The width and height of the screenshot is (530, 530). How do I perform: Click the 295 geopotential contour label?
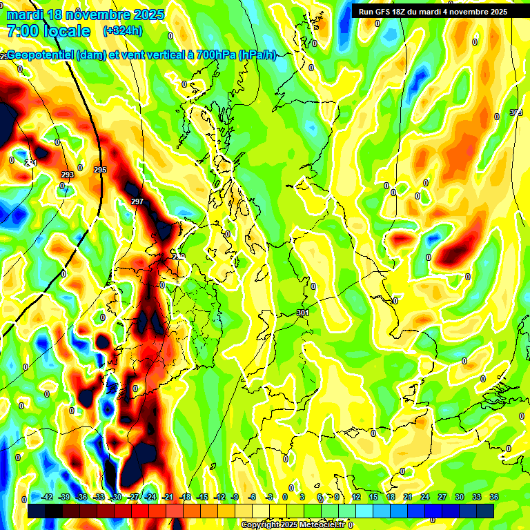point(100,170)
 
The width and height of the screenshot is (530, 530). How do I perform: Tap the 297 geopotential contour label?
point(137,202)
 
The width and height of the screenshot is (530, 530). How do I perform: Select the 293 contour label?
point(67,175)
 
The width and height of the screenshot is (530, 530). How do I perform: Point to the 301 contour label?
point(302,313)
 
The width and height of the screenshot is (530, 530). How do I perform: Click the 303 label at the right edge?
point(516,112)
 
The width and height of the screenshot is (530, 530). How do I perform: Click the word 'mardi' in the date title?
point(24,14)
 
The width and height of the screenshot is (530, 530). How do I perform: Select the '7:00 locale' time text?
point(48,31)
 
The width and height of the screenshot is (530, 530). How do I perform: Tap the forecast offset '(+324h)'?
point(123,31)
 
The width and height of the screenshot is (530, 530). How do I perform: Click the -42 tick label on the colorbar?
point(47,497)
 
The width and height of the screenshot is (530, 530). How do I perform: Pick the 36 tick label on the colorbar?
point(494,497)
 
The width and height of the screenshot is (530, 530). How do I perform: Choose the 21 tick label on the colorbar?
point(408,497)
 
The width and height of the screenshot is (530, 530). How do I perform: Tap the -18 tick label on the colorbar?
point(185,497)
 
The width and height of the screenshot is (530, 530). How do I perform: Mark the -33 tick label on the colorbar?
point(99,497)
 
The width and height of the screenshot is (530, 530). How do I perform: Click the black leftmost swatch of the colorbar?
point(37,511)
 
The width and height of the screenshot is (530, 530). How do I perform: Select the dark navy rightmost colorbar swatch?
point(485,511)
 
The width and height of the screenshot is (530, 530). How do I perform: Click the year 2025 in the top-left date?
point(148,14)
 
